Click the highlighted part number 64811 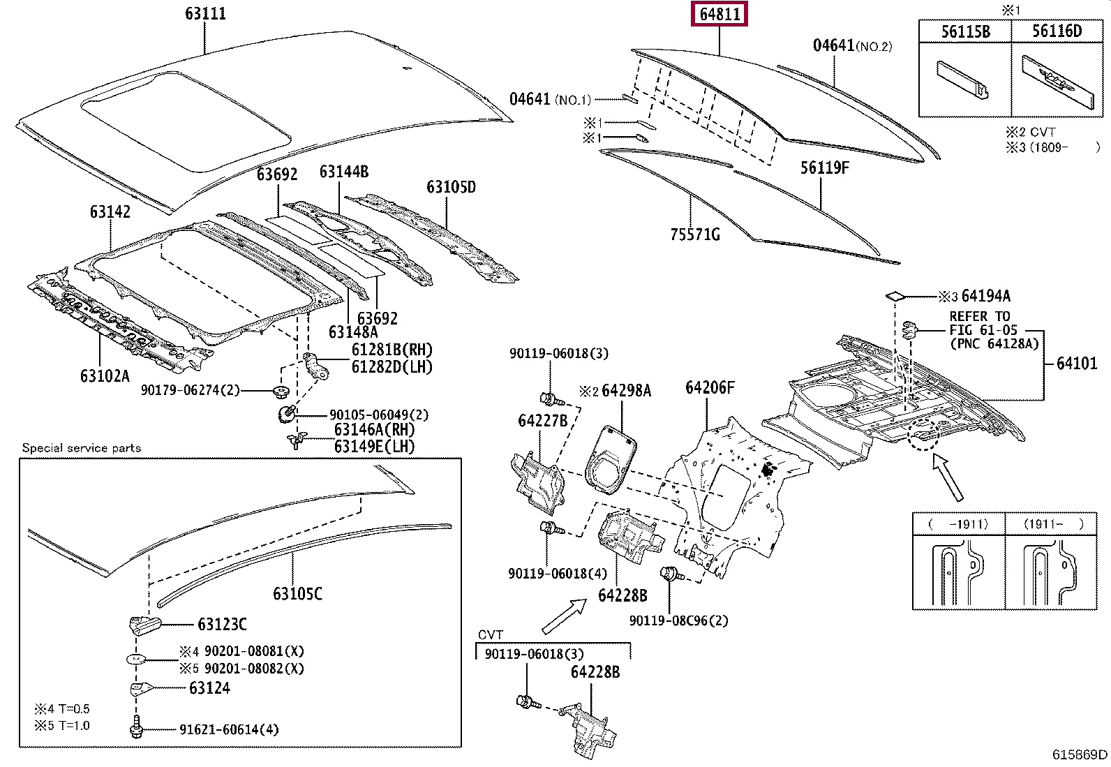coord(719,14)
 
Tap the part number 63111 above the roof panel coord(205,13)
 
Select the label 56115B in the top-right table coord(965,31)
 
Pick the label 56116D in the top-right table coord(1057,31)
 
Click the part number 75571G coord(695,234)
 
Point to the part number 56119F coord(824,167)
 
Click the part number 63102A coord(105,376)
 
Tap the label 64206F coord(710,387)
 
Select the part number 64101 coord(1077,363)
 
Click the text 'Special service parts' coord(82,448)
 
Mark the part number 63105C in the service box coord(297,593)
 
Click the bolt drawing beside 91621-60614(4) coord(136,727)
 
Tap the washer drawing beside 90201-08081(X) coord(135,659)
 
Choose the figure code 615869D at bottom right coord(1080,754)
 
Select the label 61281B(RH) coord(392,350)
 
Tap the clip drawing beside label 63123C coord(144,625)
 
